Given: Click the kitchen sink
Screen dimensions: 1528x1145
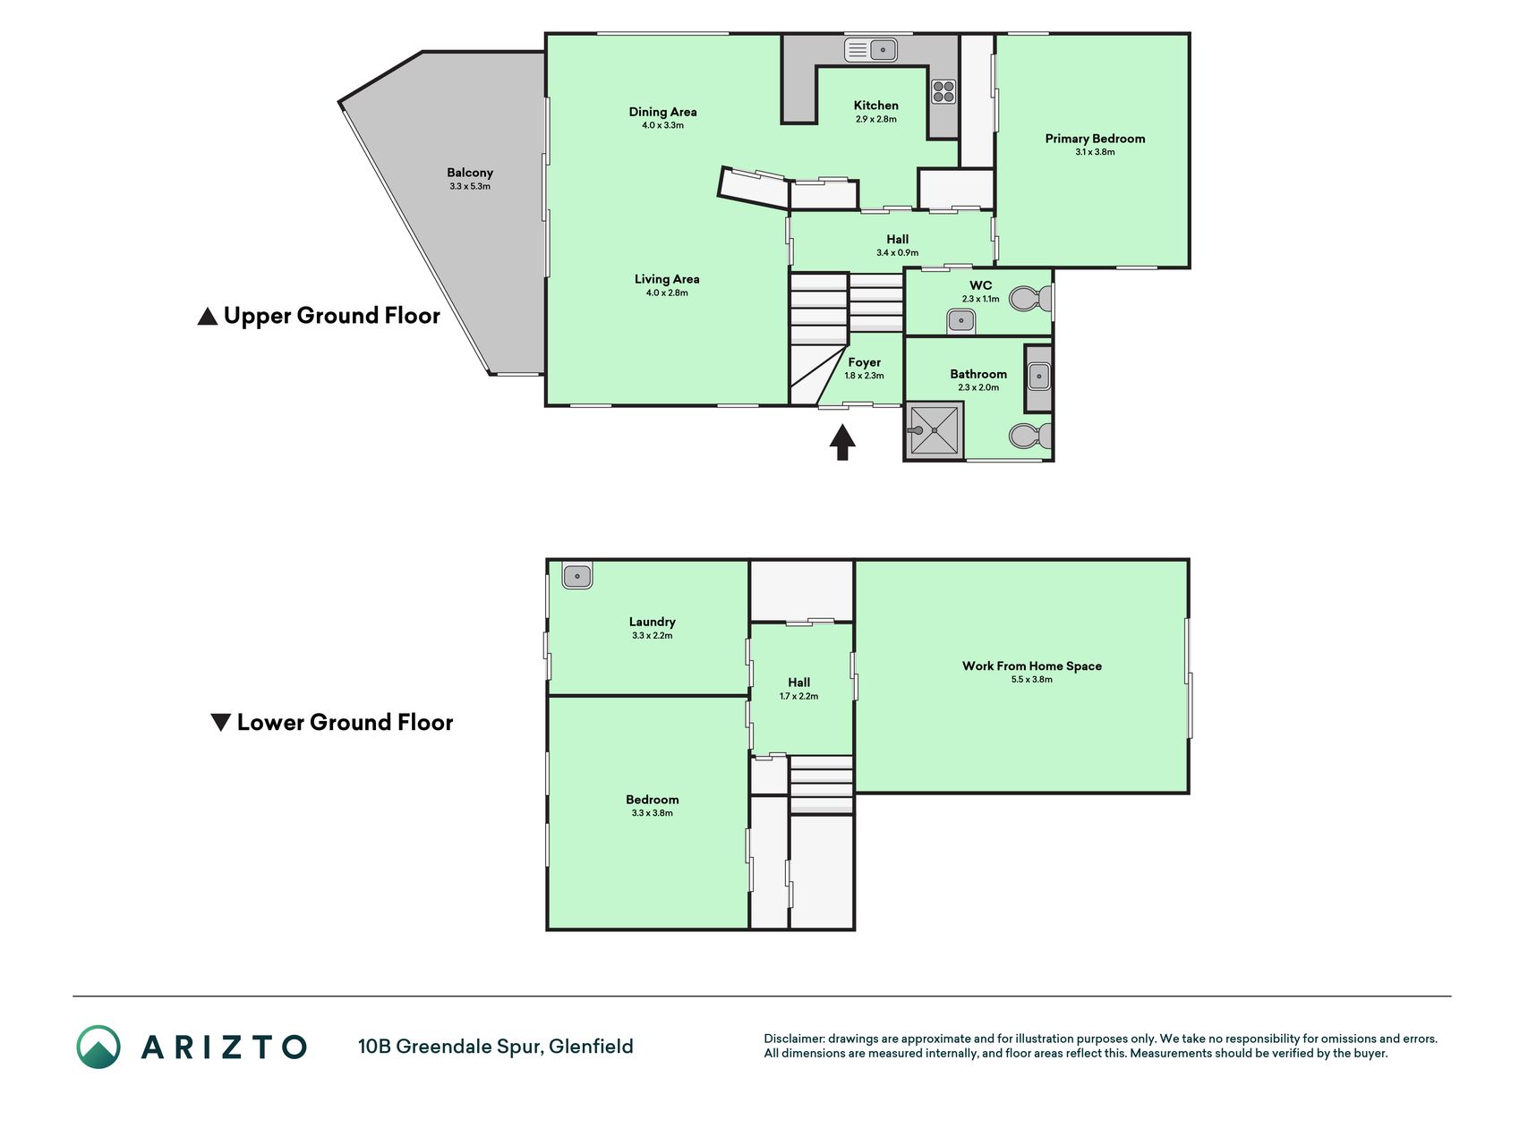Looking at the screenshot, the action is coord(871,49).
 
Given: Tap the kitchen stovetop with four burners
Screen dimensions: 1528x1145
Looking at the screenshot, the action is coord(943,91).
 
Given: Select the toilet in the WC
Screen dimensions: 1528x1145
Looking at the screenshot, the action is coord(1030,298).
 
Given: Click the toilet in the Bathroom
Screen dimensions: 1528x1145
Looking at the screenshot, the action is coord(1030,437).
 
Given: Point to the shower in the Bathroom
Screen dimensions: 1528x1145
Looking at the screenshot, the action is coord(935,430).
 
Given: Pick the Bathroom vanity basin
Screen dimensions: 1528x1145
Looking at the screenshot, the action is coord(1038,377).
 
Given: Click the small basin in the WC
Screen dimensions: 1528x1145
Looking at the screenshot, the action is coord(961,320).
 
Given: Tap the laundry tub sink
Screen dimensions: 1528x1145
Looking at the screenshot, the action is coord(577,575).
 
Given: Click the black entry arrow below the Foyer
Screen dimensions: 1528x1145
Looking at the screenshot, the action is coord(842,442).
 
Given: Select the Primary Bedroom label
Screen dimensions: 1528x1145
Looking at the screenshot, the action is coord(1095,139).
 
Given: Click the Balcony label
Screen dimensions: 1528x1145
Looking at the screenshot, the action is coord(470,173).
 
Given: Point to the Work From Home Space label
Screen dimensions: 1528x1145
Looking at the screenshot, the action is coord(1032,666).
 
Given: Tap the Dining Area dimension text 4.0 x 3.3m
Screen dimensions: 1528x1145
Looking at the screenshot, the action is coord(662,125).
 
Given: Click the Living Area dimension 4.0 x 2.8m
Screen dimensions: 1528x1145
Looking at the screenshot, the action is coord(667,293).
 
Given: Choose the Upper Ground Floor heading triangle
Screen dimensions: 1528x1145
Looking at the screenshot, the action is coord(208,317).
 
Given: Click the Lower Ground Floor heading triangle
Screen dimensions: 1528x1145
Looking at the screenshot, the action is coord(220,723).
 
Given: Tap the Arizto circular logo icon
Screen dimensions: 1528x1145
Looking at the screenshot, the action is coord(98,1047).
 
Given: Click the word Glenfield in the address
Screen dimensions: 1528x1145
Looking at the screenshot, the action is coord(591,1047).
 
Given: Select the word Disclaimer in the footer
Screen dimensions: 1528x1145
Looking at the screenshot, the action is coord(793,1039).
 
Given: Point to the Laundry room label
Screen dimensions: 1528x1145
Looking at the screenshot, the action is coord(652,622).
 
